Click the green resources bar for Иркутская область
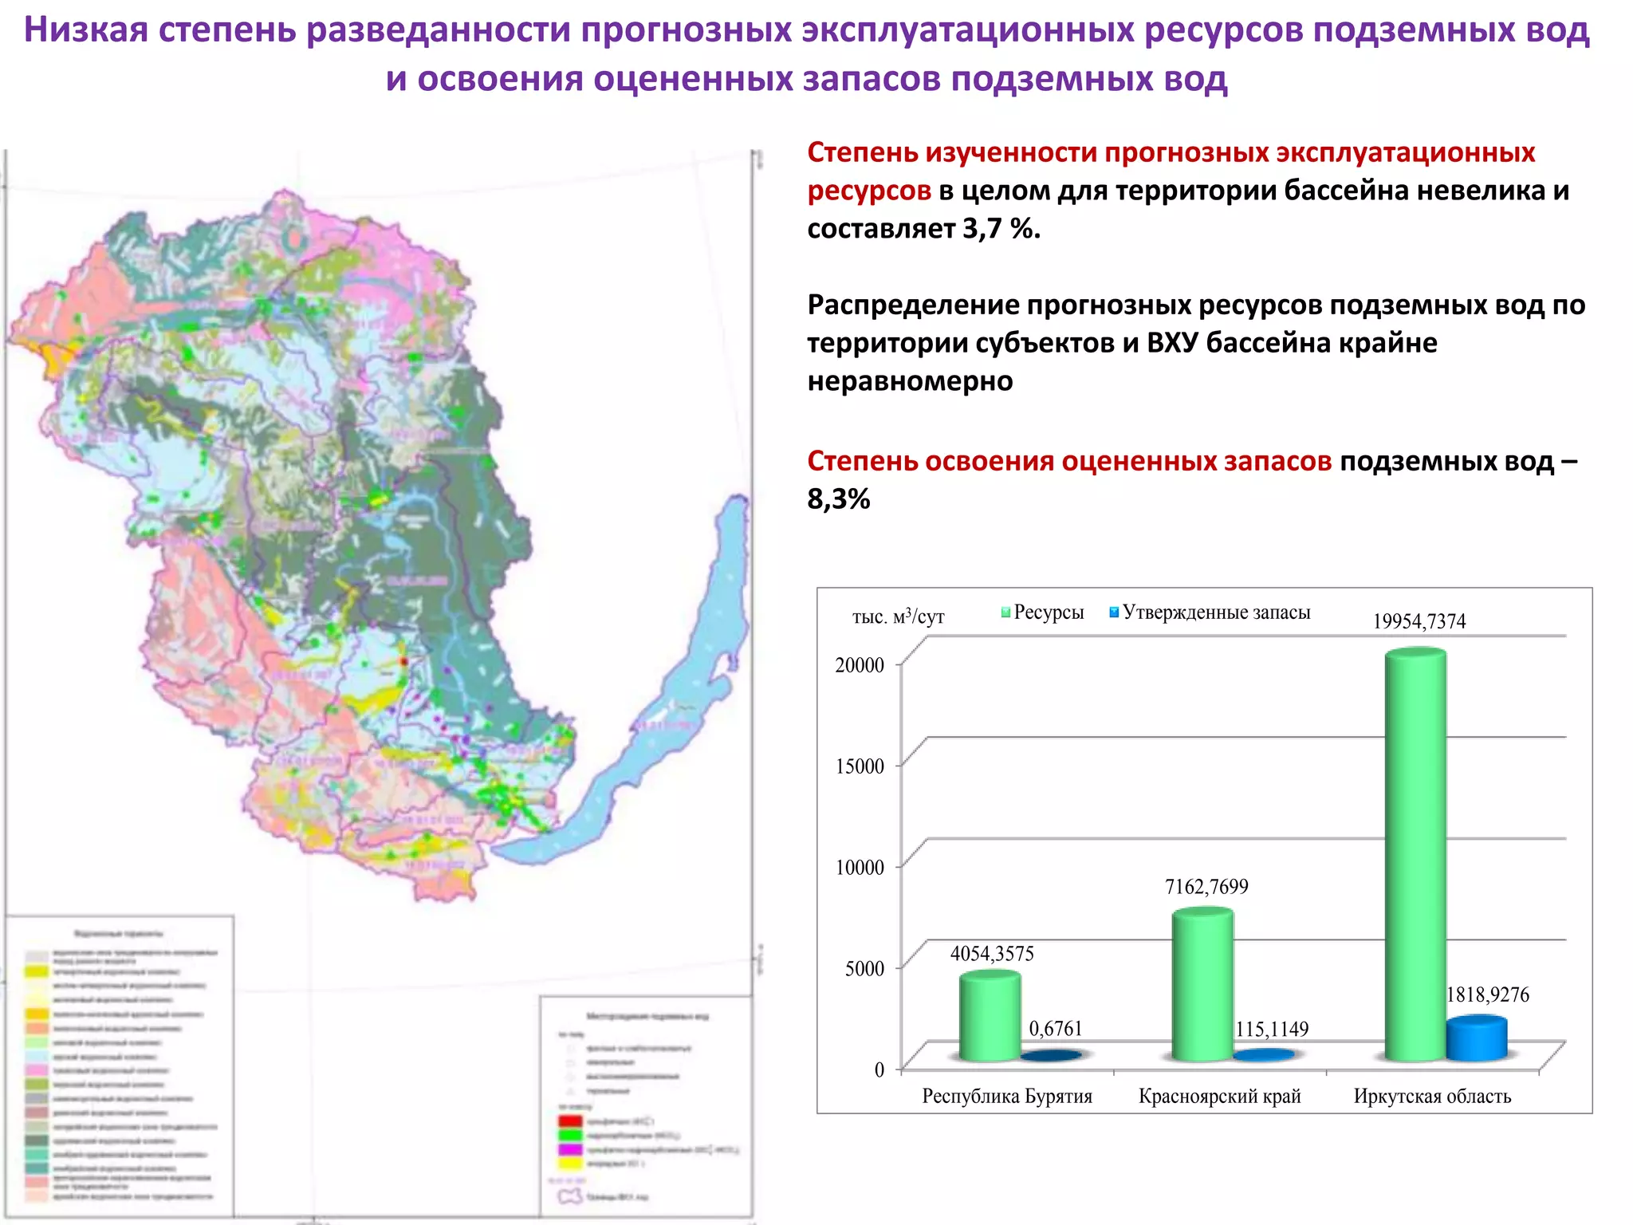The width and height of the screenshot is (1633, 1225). pos(1415,853)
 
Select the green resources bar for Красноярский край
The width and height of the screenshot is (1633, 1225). pos(1202,985)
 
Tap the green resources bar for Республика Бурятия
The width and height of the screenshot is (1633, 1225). pos(990,1016)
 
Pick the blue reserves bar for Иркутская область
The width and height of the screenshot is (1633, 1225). pos(1477,1038)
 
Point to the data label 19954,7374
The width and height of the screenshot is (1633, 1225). pos(1419,621)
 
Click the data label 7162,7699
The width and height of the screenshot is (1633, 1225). pos(1206,886)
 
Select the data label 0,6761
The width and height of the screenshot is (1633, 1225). pos(1056,1028)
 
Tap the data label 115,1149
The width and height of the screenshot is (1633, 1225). pos(1272,1029)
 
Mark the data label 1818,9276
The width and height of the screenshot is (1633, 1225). pos(1488,995)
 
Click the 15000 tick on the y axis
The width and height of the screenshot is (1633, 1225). pos(860,766)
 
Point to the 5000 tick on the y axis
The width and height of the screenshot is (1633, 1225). pos(864,968)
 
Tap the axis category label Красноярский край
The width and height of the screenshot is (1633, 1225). pos(1219,1096)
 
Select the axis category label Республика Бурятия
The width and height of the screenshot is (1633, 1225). pos(1007,1096)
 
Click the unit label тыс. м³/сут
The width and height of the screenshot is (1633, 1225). pos(898,616)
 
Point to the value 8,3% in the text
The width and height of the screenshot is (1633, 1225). pos(839,499)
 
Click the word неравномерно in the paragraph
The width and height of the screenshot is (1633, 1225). pos(910,381)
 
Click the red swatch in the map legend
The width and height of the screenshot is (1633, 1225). pos(570,1121)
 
